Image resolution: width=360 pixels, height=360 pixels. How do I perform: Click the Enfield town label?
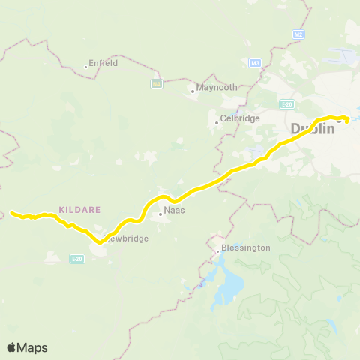tap(103, 64)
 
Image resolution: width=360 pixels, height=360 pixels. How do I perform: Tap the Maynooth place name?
tap(217, 87)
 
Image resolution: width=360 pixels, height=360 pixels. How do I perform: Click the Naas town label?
tap(175, 211)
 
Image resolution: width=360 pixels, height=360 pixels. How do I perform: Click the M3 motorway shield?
tap(256, 62)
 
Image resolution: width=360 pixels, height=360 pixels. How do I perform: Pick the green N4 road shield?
tap(156, 83)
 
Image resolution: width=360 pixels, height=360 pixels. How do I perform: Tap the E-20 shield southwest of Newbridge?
tap(76, 259)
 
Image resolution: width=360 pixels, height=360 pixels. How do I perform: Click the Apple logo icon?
tap(12, 347)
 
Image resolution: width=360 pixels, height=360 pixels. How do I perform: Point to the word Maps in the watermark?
tap(33, 347)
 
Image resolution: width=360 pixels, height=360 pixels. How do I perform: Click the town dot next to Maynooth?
tap(193, 91)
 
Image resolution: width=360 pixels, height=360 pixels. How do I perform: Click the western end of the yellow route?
tap(12, 213)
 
